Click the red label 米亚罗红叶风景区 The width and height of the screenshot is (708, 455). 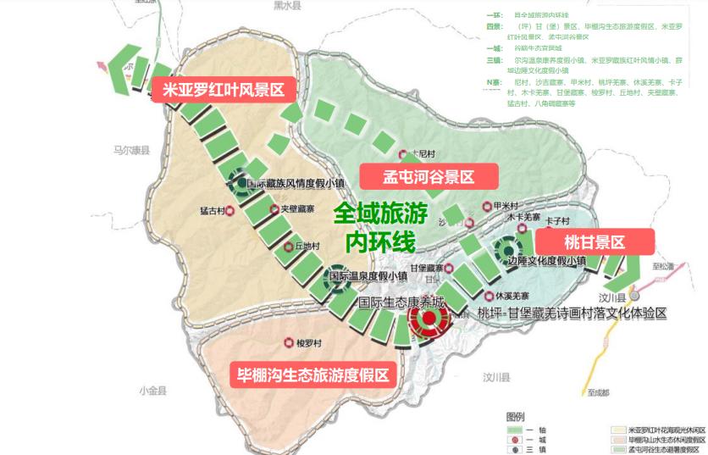click(x=217, y=90)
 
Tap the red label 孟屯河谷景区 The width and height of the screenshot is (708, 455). click(x=429, y=176)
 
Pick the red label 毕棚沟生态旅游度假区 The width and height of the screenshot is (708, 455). click(x=313, y=375)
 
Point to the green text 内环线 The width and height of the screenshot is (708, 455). click(x=380, y=241)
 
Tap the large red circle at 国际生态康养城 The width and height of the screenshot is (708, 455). click(x=429, y=319)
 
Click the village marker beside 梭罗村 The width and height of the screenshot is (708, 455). click(x=290, y=343)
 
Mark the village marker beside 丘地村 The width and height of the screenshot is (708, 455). click(x=289, y=247)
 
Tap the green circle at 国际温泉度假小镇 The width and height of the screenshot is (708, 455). click(x=338, y=276)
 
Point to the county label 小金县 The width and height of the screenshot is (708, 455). click(x=152, y=391)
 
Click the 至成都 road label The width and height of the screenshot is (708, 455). click(x=597, y=393)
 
